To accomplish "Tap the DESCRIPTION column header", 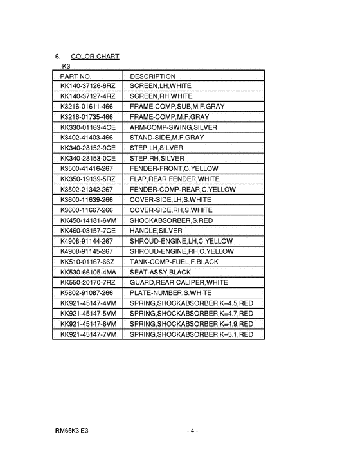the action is click(x=152, y=76).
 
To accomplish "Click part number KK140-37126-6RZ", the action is click(x=87, y=85).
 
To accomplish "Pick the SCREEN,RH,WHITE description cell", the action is click(x=161, y=96).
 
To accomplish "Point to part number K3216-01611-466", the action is click(x=86, y=106).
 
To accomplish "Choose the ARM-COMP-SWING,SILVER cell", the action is click(x=173, y=127).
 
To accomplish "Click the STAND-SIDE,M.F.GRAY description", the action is click(x=166, y=138).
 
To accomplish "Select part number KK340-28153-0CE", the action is click(x=87, y=158).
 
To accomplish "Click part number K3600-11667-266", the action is click(x=86, y=210).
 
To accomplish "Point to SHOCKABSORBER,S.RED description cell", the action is click(x=172, y=220).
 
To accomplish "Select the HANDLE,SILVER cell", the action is click(x=156, y=231).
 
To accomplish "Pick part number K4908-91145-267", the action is click(x=86, y=251).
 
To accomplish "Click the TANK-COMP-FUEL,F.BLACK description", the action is click(x=175, y=262).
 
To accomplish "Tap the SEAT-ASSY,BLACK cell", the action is click(x=160, y=272).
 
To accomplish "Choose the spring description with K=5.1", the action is click(x=191, y=334).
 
